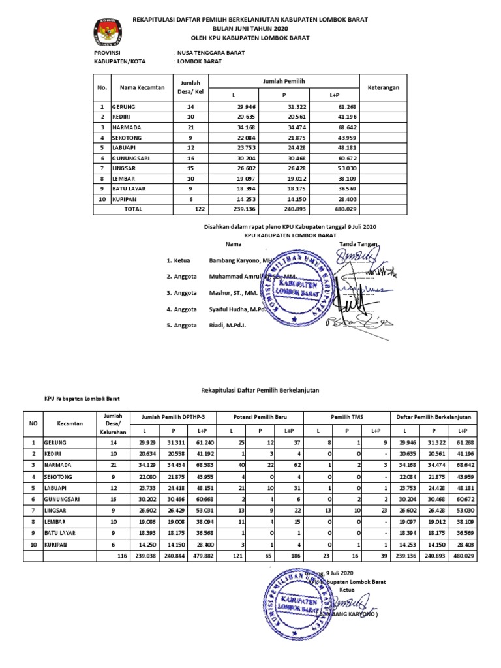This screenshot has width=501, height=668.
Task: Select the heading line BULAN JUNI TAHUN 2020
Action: pyautogui.click(x=250, y=29)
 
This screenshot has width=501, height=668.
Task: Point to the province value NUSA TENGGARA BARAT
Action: pyautogui.click(x=210, y=53)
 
